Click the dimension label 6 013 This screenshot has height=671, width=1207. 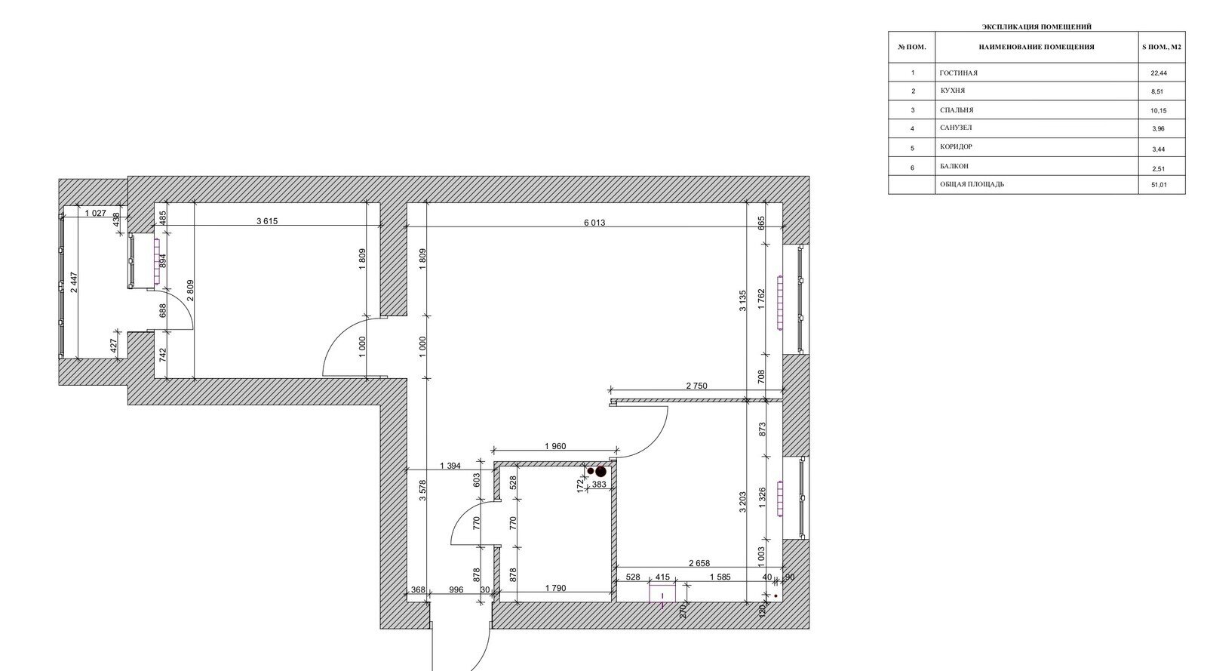(x=594, y=223)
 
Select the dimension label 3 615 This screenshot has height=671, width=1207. (x=267, y=221)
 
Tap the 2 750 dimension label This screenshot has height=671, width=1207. (x=696, y=386)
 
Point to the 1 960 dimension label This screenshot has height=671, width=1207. (x=555, y=446)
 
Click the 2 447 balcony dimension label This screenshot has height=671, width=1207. (x=74, y=282)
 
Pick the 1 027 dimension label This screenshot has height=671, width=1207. (x=95, y=214)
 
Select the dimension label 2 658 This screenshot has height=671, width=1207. (x=699, y=563)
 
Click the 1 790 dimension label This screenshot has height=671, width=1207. (x=555, y=589)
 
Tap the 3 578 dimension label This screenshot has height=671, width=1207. (x=422, y=491)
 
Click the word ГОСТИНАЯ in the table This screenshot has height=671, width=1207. (x=958, y=72)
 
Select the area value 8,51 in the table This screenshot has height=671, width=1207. (x=1157, y=91)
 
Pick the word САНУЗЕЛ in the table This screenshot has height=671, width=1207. (x=956, y=128)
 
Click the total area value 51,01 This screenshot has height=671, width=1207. (x=1159, y=185)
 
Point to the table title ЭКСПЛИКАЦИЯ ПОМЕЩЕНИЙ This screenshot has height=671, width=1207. (x=1037, y=26)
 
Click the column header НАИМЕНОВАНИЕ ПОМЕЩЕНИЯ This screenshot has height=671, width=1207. (x=1037, y=47)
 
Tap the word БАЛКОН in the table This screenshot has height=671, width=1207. (x=954, y=167)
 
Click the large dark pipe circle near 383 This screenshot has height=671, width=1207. (x=600, y=472)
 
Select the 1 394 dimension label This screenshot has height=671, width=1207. (x=450, y=466)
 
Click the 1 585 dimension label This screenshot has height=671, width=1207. (x=720, y=577)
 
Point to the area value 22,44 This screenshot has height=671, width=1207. (x=1159, y=73)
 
